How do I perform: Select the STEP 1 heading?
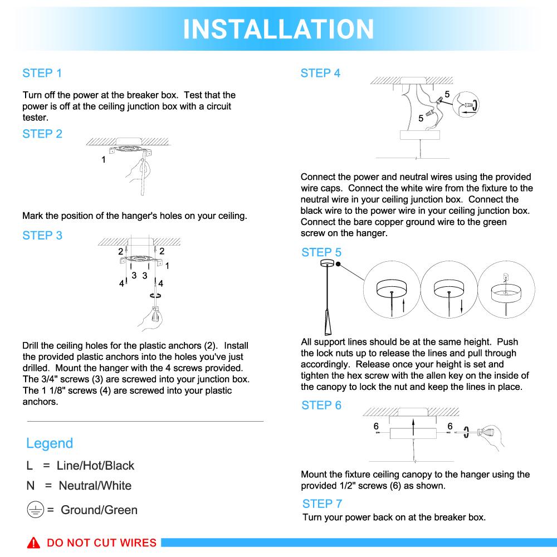(42, 73)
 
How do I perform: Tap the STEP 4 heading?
(320, 73)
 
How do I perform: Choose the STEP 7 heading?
(322, 504)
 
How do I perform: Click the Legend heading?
(50, 443)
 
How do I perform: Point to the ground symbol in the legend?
(35, 510)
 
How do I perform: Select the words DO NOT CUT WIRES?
(101, 543)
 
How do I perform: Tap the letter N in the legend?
(31, 486)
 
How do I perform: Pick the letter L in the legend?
(30, 466)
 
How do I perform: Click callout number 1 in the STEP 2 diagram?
(104, 160)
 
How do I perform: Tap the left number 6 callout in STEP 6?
(377, 426)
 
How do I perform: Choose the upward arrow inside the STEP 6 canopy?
(413, 428)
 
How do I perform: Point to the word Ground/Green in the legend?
(99, 510)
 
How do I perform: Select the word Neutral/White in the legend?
(95, 486)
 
